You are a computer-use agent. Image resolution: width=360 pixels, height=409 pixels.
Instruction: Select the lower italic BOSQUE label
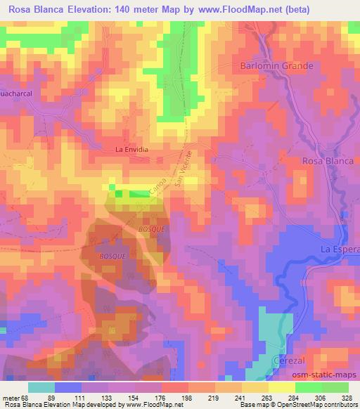pos(112,257)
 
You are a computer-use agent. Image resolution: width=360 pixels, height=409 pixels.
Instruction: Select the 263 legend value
pos(269,397)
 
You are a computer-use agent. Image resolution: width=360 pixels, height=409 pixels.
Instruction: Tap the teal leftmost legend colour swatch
pos(41,387)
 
